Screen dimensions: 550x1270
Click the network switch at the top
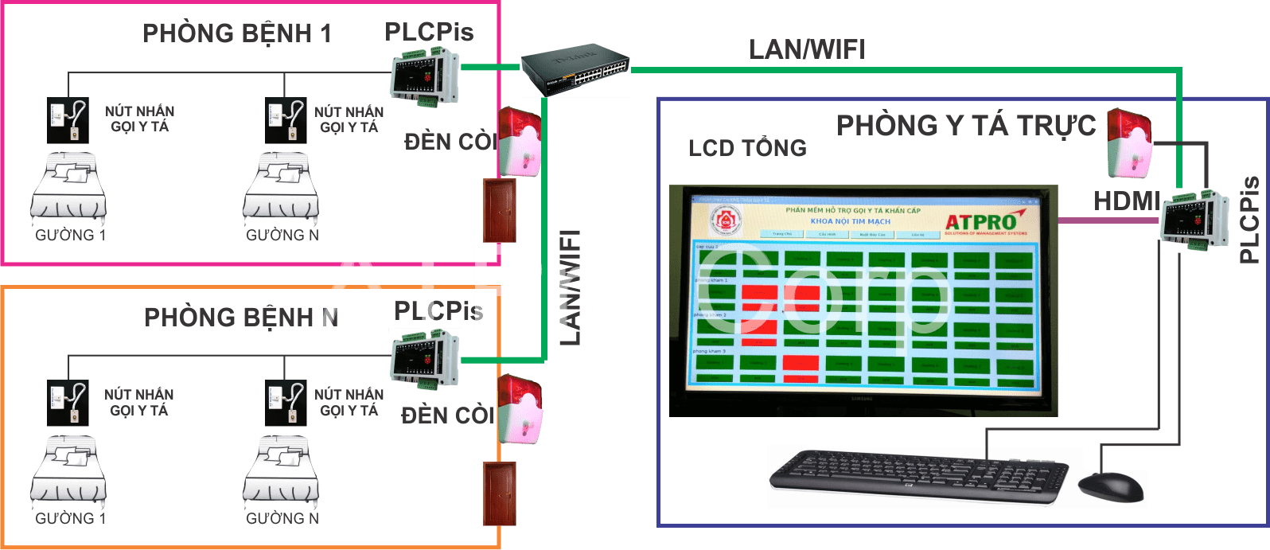coord(575,70)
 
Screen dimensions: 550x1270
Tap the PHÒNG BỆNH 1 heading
coord(236,33)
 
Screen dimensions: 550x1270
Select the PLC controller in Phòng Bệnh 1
coord(424,76)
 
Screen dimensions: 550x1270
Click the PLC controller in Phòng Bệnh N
coord(424,360)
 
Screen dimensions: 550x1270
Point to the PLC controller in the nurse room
coord(1194,220)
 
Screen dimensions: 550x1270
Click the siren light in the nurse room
coord(1128,143)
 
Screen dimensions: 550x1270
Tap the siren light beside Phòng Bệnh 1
coord(519,142)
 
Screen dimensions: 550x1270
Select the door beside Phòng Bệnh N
coord(500,493)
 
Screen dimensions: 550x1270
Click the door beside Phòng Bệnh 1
coord(500,210)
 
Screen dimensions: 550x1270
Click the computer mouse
coord(1111,486)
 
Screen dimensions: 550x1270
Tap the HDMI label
coord(1125,201)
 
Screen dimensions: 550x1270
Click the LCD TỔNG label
coord(747,148)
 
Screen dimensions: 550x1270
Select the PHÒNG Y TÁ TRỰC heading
coord(966,126)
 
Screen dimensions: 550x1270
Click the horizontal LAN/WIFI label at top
coord(807,49)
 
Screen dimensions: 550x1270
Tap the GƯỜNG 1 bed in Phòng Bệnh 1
coord(68,189)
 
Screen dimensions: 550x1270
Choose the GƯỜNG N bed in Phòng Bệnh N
coord(280,473)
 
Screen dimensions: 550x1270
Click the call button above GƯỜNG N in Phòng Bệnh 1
coord(286,120)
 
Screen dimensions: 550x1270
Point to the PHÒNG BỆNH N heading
coord(240,318)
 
